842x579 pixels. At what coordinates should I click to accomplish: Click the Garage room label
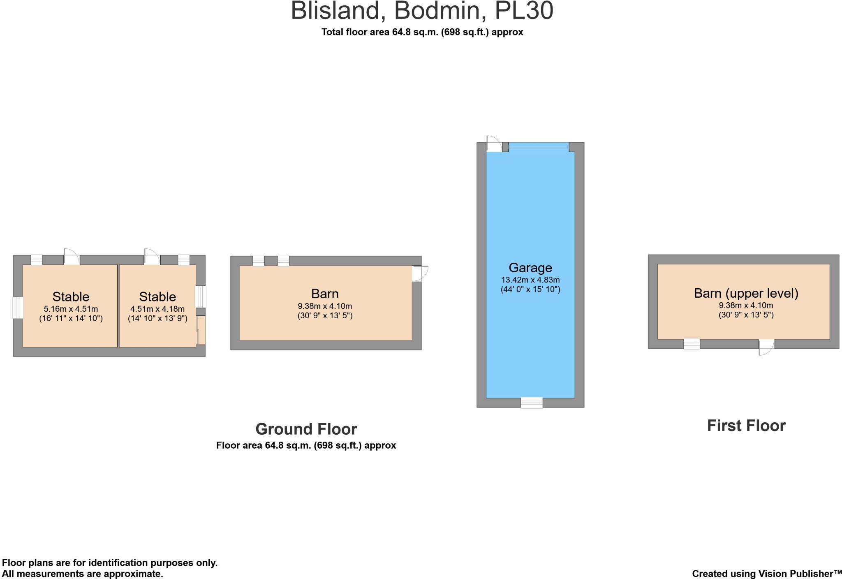530,268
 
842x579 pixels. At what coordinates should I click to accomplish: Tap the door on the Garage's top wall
494,144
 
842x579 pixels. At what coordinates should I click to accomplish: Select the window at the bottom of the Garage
531,403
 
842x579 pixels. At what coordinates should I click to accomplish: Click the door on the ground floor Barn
419,273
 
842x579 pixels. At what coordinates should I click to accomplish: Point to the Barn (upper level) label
746,293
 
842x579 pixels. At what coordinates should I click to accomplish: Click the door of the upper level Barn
766,347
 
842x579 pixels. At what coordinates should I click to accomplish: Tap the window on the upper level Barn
692,344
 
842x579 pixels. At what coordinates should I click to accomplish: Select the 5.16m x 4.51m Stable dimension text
71,309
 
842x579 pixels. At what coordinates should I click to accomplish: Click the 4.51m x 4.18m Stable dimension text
157,309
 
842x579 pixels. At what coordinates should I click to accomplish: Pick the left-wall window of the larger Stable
18,308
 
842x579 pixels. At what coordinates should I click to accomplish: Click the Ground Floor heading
306,429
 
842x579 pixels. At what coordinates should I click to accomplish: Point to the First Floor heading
746,426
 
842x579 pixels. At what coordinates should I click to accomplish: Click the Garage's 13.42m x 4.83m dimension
530,280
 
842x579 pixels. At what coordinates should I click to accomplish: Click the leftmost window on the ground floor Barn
258,261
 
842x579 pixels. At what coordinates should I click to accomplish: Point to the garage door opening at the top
539,146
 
